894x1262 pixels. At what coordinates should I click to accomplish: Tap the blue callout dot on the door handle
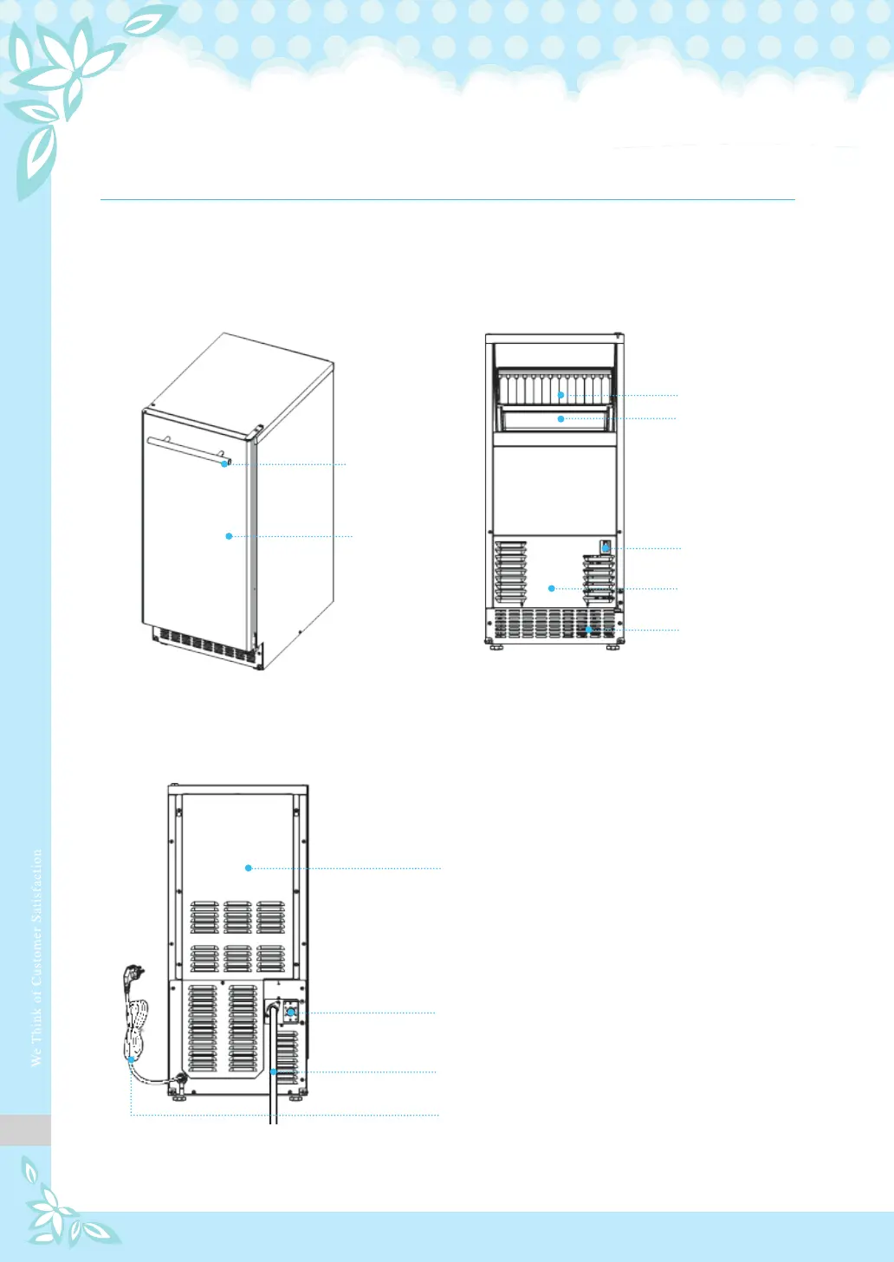224,464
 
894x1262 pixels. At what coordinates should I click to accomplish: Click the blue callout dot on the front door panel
229,536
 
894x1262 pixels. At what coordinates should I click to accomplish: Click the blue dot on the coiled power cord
131,1058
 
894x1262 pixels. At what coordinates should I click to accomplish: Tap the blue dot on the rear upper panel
249,868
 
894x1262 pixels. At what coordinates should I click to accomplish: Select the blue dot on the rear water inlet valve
291,1012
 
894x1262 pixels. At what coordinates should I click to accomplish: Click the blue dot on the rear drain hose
273,1072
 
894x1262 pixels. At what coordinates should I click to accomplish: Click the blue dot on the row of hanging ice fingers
561,395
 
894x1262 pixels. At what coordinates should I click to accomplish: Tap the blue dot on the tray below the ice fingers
561,419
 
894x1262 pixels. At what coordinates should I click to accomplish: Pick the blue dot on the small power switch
606,548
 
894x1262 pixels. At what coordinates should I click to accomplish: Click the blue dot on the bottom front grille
588,630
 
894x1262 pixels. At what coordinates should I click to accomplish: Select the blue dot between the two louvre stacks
551,589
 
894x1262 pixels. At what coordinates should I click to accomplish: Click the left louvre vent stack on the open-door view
510,572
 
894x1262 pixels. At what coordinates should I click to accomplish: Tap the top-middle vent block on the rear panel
237,917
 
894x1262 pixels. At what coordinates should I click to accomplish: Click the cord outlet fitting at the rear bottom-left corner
180,1080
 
